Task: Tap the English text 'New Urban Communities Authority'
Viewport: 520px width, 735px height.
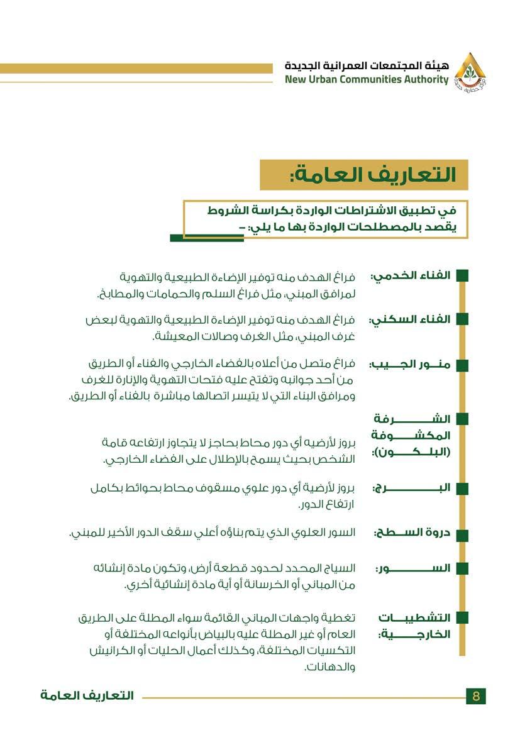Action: click(367, 80)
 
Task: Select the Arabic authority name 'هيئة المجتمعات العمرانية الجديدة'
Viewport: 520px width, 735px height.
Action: click(367, 66)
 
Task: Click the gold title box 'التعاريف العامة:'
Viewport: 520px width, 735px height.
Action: click(364, 175)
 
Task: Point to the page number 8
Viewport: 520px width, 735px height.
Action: click(476, 696)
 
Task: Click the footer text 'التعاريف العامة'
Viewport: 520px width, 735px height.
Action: click(87, 696)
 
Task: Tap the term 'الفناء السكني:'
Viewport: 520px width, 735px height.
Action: click(409, 319)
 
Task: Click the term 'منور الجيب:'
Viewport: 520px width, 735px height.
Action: click(410, 364)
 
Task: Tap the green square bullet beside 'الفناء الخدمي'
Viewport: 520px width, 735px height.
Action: click(462, 276)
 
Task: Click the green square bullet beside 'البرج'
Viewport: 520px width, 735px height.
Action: click(462, 489)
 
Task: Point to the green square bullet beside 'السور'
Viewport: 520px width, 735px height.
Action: click(462, 568)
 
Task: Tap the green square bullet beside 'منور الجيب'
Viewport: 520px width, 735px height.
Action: click(462, 364)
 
